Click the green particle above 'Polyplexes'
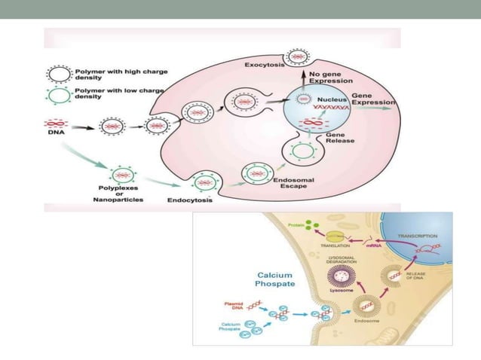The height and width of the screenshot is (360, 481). (x=123, y=175)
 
